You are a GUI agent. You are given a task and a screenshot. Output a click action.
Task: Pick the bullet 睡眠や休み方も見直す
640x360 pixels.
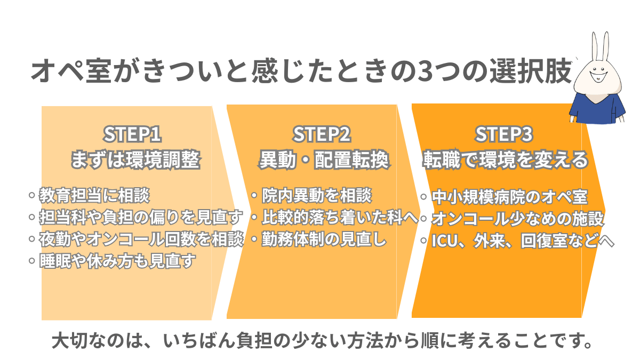[115, 260]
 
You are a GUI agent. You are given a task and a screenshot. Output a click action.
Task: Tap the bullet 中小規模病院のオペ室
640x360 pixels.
[509, 197]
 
